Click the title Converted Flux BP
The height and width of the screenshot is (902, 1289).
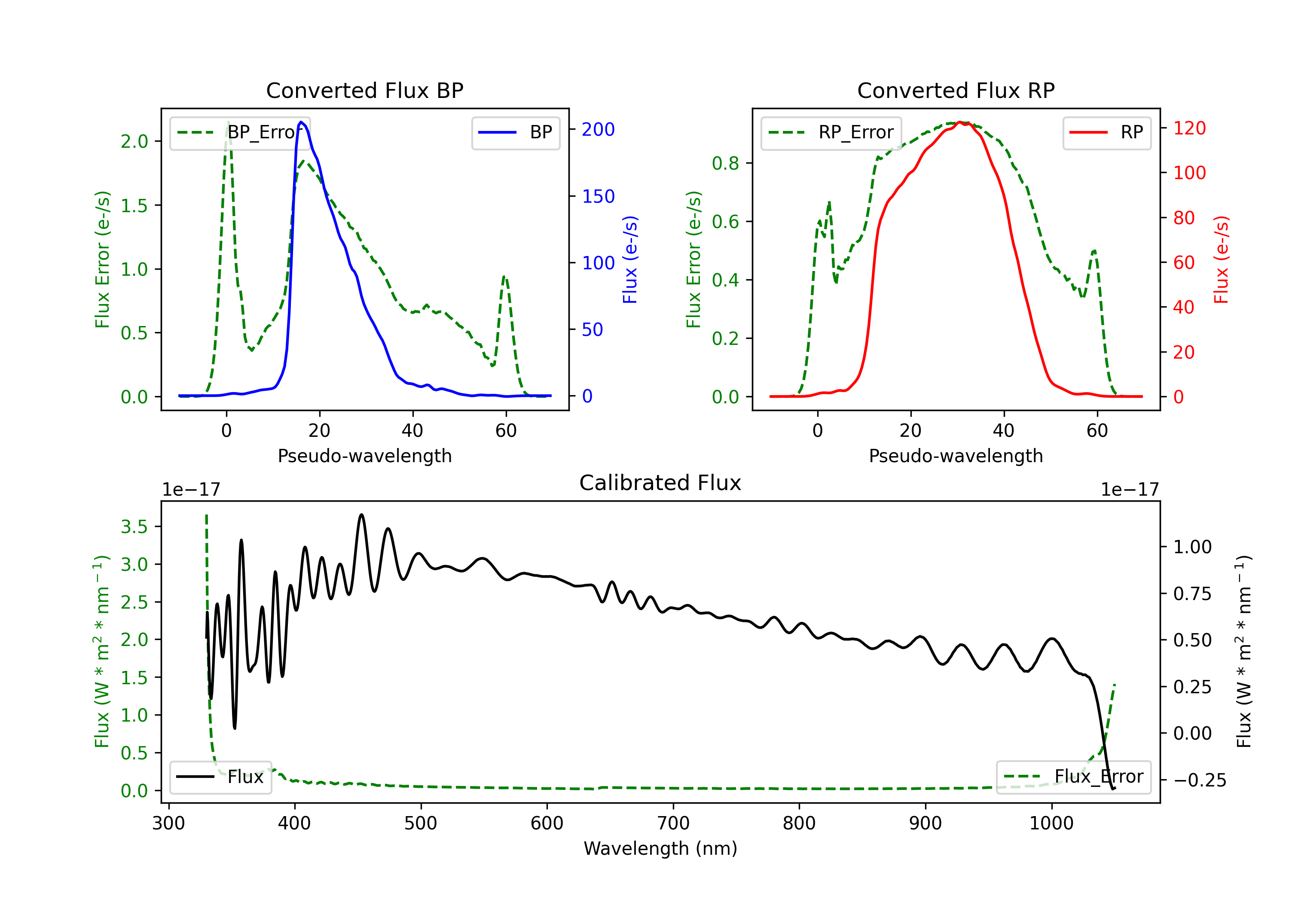pos(364,90)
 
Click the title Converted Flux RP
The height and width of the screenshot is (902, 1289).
pos(956,90)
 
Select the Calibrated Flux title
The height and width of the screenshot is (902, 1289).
pos(660,483)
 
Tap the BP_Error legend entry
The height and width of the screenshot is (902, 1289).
pos(240,132)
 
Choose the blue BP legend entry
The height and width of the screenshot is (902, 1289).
pos(515,132)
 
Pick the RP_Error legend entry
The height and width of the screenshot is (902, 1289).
pos(831,132)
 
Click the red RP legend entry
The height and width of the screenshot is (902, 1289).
pos(1106,132)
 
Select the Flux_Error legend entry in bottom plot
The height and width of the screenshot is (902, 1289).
pos(1073,777)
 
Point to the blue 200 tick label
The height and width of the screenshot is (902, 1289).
pos(598,130)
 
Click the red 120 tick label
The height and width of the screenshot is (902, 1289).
pos(1189,128)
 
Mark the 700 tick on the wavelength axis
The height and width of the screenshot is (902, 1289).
pos(672,823)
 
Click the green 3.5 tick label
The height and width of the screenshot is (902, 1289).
pos(134,527)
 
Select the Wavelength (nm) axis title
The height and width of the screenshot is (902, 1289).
pos(660,848)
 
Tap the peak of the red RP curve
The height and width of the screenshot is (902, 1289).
pos(960,122)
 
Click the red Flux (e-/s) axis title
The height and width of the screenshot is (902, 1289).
pos(1221,260)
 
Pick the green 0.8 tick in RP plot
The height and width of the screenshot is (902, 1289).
pos(725,163)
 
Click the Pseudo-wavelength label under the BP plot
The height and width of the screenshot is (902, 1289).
pos(364,456)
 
